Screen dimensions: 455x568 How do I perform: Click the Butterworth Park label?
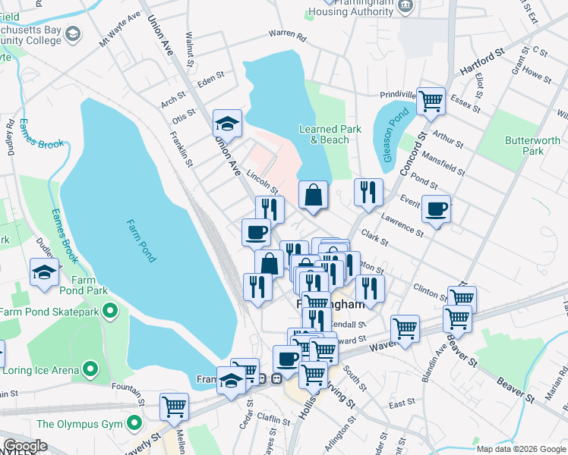[x=532, y=146]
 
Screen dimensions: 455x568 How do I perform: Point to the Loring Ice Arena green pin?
[x=90, y=369]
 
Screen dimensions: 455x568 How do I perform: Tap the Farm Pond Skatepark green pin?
[x=110, y=310]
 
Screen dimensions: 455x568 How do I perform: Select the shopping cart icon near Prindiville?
[x=431, y=100]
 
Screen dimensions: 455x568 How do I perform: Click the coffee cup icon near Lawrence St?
[x=436, y=209]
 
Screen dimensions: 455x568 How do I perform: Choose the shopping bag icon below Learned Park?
[x=313, y=195]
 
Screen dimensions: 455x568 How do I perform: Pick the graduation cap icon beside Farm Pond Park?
[x=44, y=271]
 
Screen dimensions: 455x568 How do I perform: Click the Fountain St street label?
[x=127, y=390]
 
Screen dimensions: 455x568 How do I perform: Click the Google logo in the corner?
[x=25, y=446]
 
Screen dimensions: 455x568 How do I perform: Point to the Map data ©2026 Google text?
[x=520, y=449]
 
